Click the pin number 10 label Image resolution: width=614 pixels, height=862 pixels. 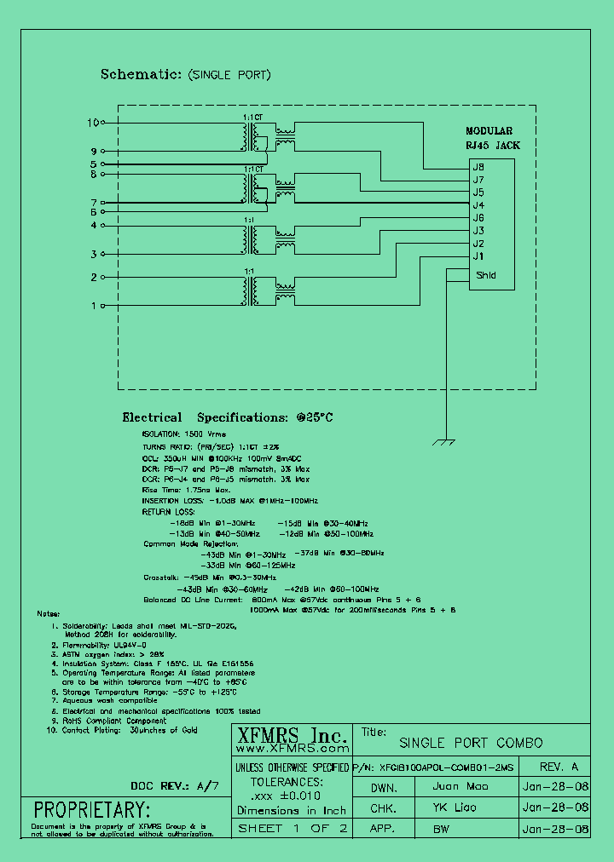coord(92,123)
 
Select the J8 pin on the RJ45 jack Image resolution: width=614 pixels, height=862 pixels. coord(478,167)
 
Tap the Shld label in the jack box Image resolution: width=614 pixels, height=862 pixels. coord(485,275)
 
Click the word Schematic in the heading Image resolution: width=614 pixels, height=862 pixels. coord(136,75)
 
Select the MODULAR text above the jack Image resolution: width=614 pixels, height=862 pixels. coord(489,131)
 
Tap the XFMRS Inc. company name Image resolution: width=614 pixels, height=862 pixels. coord(290,736)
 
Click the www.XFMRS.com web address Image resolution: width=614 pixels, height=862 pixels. coord(290,750)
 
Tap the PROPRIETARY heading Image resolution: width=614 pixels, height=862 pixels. coord(91,809)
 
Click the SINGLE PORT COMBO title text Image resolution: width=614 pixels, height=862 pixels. coord(470,743)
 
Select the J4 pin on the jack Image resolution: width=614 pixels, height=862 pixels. coord(478,205)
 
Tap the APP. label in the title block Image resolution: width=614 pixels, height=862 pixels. coord(385,829)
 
